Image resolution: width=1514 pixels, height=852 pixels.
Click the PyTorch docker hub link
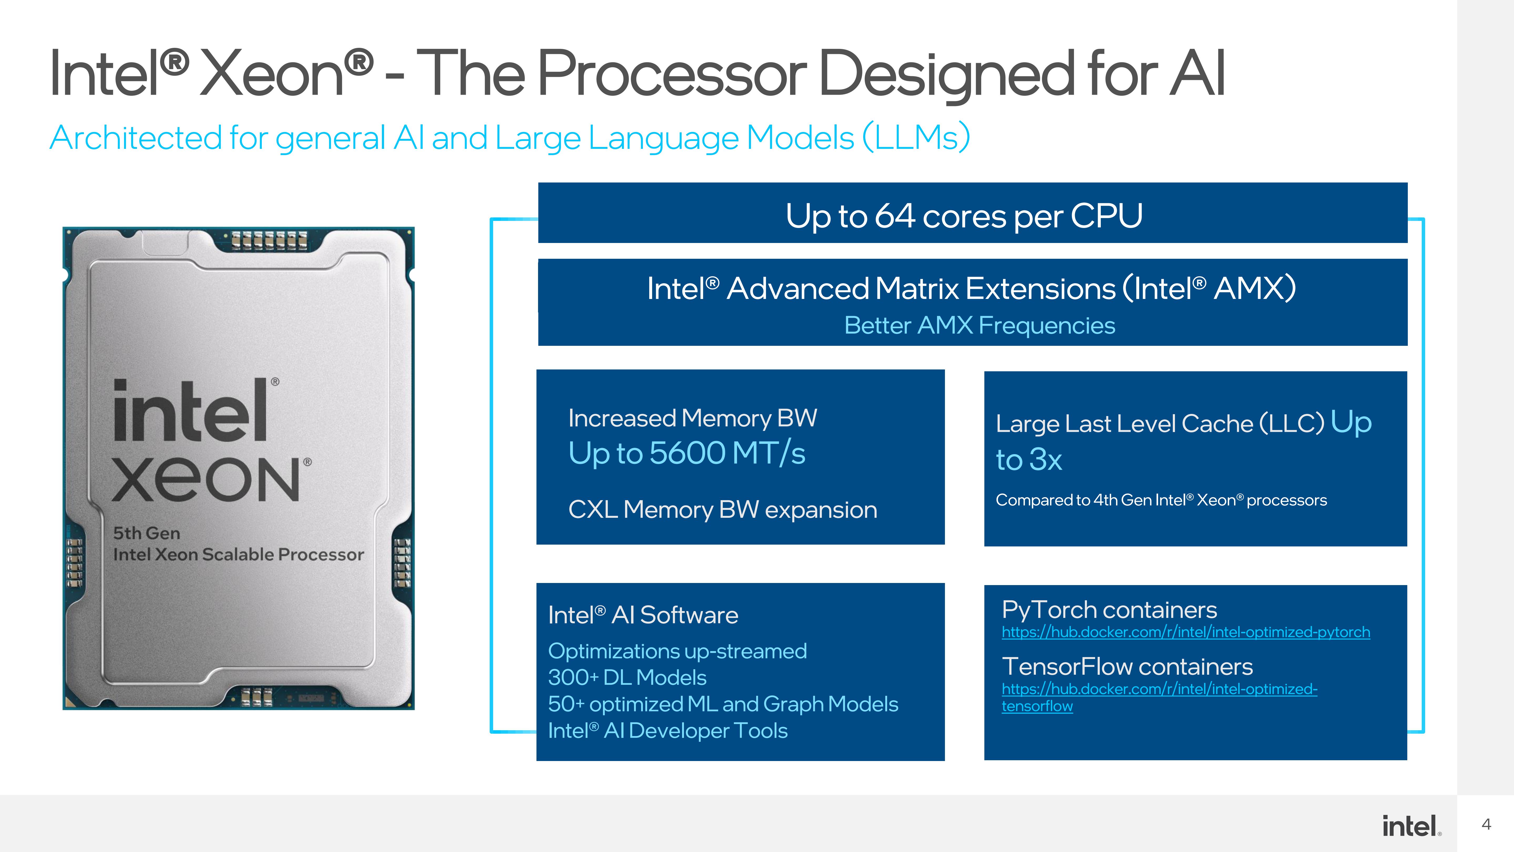click(x=1185, y=632)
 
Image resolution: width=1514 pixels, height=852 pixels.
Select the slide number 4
click(x=1486, y=824)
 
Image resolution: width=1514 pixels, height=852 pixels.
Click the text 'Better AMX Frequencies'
click(x=979, y=325)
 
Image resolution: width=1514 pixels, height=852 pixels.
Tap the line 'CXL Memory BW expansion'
click(x=722, y=510)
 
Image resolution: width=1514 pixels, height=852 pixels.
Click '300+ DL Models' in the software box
click(x=627, y=677)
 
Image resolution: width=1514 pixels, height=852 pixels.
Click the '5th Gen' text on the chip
click(x=146, y=533)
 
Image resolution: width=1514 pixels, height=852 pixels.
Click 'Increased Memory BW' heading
click(x=692, y=418)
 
